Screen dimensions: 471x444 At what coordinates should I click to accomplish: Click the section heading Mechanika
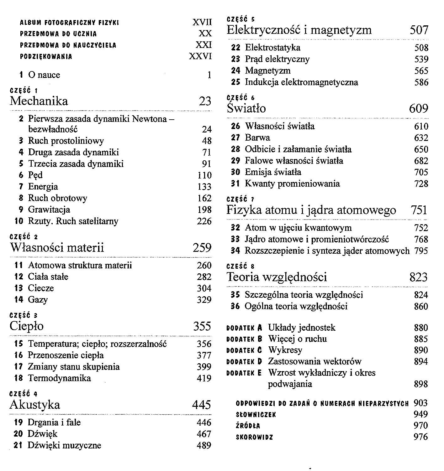click(x=39, y=101)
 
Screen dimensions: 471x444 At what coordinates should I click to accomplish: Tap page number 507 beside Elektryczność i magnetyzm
click(x=419, y=30)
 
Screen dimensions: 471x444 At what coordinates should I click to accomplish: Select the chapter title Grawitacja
click(x=49, y=210)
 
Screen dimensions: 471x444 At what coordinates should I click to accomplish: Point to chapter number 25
click(x=235, y=82)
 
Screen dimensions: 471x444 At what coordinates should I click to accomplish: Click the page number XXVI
click(x=200, y=56)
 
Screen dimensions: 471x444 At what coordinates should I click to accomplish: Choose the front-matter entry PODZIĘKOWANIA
click(x=46, y=57)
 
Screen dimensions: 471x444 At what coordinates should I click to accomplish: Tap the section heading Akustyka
click(x=35, y=405)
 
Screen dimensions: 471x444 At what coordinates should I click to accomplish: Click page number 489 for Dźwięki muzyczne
click(x=204, y=445)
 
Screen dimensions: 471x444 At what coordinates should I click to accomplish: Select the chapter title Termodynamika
click(x=59, y=378)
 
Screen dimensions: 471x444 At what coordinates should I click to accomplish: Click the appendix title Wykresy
click(x=285, y=350)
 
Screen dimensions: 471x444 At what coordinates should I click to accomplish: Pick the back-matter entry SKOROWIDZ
click(x=254, y=437)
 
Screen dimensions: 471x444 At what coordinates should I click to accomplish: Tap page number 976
click(x=420, y=437)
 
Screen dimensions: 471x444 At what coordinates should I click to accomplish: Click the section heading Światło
click(x=246, y=108)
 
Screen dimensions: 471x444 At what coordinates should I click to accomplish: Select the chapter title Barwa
click(x=257, y=137)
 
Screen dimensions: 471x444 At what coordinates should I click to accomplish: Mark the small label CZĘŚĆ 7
click(x=240, y=199)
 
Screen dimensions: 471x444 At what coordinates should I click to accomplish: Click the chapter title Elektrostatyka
click(x=272, y=48)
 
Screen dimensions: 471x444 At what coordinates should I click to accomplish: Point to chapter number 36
click(x=235, y=306)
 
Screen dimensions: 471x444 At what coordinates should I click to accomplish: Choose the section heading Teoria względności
click(x=277, y=277)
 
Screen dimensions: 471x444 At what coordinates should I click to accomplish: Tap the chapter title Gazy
click(x=38, y=300)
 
